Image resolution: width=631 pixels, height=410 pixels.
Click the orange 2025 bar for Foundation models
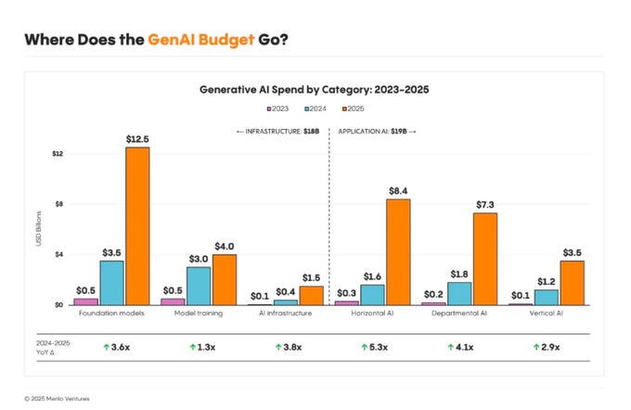coord(137,225)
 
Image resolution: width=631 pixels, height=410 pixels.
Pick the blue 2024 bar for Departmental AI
coord(460,293)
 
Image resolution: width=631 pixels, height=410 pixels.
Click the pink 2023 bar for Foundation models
coord(86,301)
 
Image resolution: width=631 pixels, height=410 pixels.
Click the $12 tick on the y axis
coord(58,153)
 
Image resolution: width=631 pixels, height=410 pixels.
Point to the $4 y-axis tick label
coord(58,254)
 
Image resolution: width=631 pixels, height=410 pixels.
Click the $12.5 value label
coord(137,138)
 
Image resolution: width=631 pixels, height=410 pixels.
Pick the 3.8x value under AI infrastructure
coord(288,346)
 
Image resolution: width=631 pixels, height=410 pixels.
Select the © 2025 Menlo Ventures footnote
coord(58,398)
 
